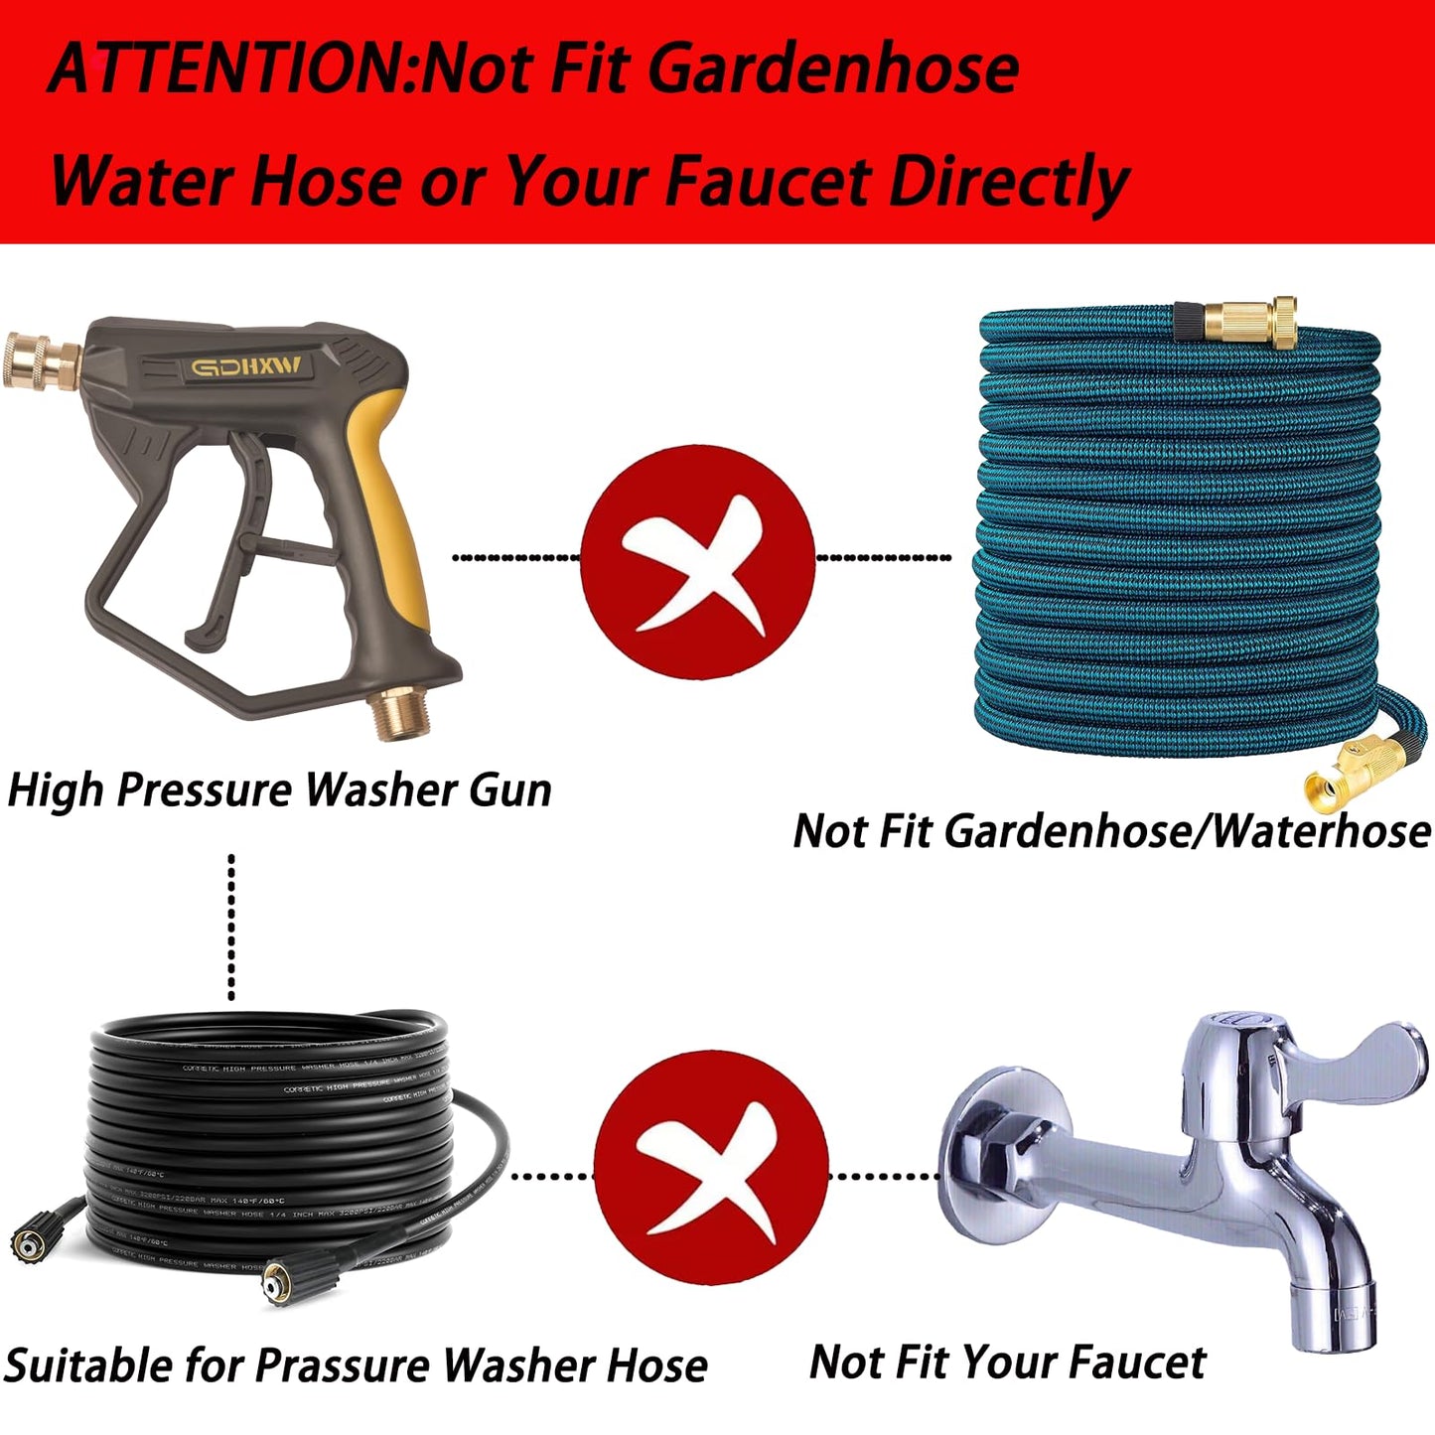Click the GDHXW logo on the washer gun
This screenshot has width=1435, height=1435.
pyautogui.click(x=246, y=368)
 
